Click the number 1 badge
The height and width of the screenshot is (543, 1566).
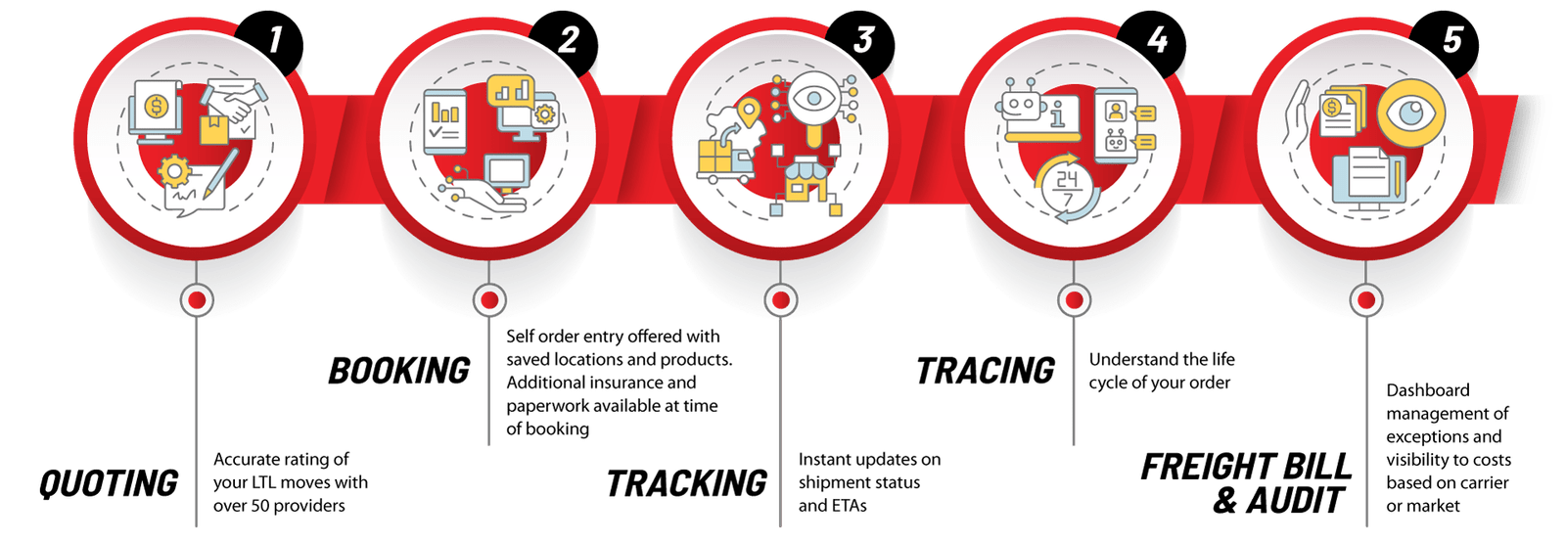(x=270, y=42)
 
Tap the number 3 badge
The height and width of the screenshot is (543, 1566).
(x=861, y=42)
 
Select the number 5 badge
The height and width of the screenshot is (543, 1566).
(x=1447, y=42)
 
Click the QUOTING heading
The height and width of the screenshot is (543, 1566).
(x=109, y=483)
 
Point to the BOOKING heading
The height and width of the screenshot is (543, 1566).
(x=399, y=371)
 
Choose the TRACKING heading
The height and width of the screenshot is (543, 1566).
(x=686, y=483)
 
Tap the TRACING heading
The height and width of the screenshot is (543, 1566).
(x=986, y=371)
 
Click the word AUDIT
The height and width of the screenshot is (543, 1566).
(x=1295, y=500)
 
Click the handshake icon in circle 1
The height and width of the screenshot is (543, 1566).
(x=234, y=100)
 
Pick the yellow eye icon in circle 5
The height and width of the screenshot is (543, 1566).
(x=1410, y=113)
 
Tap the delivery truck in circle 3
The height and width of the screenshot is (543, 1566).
(x=725, y=161)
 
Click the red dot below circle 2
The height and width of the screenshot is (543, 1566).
(x=489, y=299)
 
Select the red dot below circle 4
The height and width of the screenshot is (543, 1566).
(x=1074, y=299)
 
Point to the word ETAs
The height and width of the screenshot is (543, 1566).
(x=848, y=505)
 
